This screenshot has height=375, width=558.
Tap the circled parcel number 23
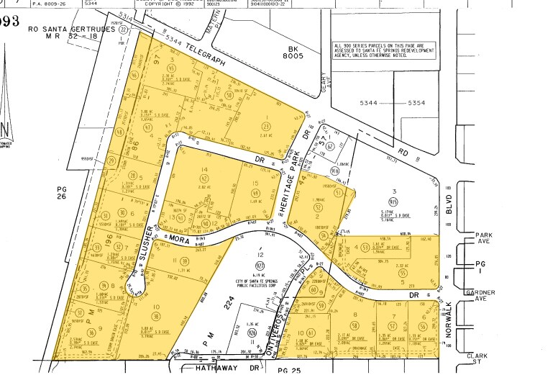tap(266, 126)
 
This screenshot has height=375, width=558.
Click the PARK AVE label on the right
tap(481, 238)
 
